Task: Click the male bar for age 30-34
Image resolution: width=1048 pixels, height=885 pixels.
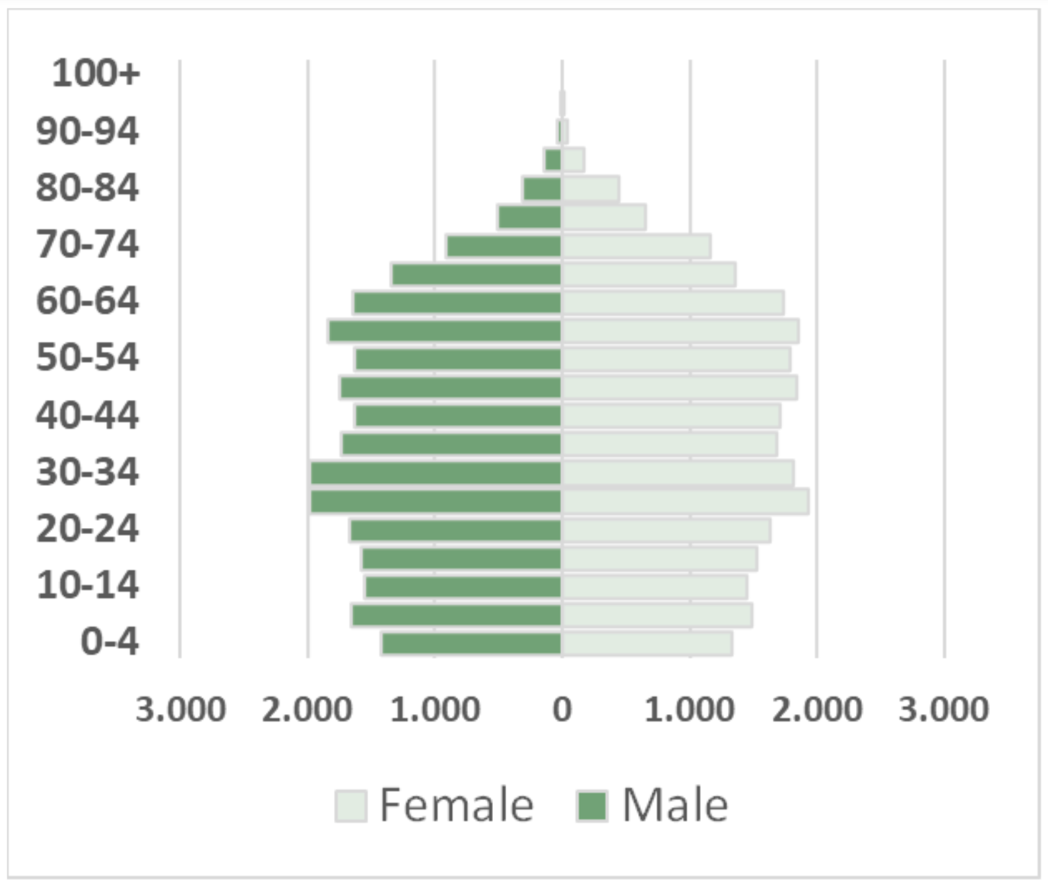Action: pos(436,473)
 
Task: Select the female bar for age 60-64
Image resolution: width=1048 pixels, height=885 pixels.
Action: pos(672,303)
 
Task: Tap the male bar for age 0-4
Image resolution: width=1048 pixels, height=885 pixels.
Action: pos(471,643)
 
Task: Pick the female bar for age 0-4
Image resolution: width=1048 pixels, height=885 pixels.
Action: pos(647,643)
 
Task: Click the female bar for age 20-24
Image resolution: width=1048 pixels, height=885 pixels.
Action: pos(665,531)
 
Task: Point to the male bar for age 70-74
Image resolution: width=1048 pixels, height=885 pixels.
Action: pos(504,246)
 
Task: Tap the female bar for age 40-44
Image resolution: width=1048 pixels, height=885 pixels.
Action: pos(671,416)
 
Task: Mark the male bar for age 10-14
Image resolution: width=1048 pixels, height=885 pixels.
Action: pos(463,587)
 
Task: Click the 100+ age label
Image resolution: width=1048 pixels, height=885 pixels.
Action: pos(96,73)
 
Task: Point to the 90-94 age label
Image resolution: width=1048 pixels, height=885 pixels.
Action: pos(87,131)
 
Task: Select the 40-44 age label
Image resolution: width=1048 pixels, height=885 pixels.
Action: pos(87,416)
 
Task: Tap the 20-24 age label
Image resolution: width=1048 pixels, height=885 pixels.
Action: pos(87,529)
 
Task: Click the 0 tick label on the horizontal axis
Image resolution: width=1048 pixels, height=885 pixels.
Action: pos(562,710)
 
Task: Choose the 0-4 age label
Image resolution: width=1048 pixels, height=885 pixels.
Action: pos(110,641)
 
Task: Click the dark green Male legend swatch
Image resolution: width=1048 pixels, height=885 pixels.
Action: pos(591,806)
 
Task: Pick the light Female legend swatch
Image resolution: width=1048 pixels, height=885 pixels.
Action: pos(350,806)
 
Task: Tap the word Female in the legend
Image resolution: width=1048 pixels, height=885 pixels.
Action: pos(457,806)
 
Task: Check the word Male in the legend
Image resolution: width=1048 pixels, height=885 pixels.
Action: pos(675,806)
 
